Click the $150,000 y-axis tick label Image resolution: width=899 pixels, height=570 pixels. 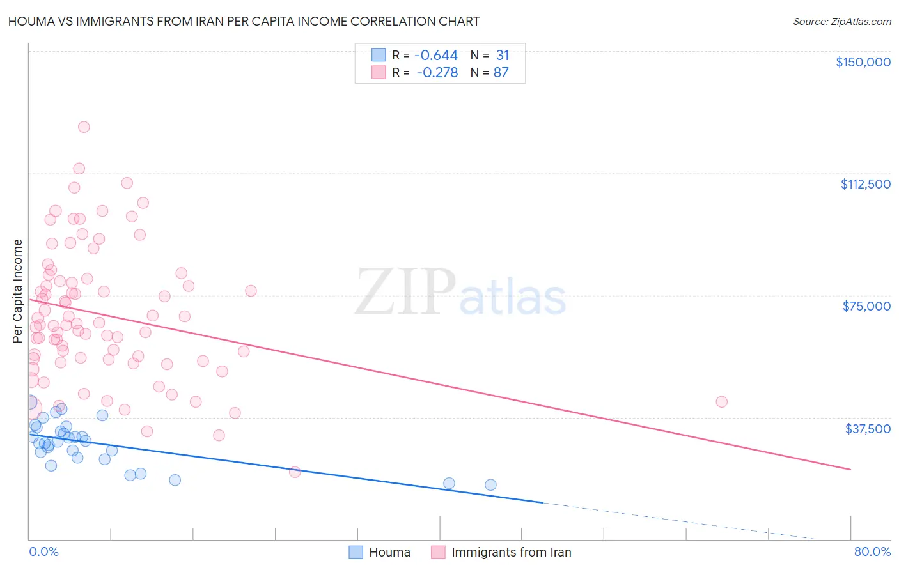coord(863,62)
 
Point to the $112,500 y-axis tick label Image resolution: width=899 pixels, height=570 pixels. coord(865,184)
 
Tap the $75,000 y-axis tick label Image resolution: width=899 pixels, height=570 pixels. coord(866,306)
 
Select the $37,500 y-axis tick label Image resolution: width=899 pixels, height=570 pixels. coord(868,429)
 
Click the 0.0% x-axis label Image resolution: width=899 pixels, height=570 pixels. coord(43,551)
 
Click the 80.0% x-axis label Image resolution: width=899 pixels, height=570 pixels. coord(872,551)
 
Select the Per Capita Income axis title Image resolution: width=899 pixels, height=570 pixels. coord(18,291)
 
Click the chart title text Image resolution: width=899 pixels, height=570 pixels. coord(244,21)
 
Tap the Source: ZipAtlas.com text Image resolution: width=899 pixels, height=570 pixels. coord(841,21)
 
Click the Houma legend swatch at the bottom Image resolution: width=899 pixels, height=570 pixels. coord(356,552)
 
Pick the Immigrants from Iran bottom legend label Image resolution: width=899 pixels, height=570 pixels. coord(511,552)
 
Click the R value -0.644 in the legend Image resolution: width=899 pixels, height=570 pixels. coord(436,56)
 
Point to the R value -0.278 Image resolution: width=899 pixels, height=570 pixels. coord(437,73)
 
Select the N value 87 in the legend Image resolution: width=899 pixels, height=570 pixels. coord(501,73)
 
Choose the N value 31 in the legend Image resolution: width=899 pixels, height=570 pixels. coord(502,56)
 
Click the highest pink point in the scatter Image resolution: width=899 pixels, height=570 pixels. coord(84,127)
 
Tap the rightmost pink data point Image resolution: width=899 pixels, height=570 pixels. coord(721,402)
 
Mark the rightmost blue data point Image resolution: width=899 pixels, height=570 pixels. coord(490,484)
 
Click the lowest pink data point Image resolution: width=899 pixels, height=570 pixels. coord(295,472)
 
